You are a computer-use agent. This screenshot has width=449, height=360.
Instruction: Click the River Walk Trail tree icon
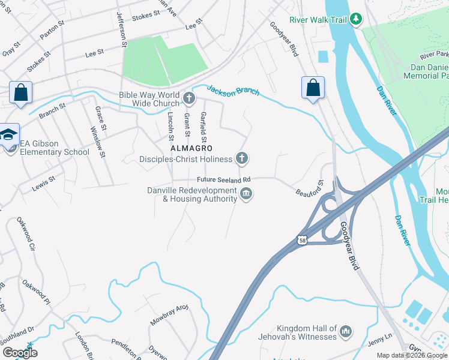click(x=357, y=20)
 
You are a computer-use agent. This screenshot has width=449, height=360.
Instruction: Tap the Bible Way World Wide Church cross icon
click(x=189, y=98)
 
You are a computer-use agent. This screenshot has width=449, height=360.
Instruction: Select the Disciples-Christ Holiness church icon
click(x=241, y=158)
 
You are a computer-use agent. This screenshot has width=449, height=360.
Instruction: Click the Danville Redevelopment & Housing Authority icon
click(x=246, y=194)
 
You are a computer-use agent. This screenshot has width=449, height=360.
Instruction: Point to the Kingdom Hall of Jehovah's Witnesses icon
click(x=345, y=331)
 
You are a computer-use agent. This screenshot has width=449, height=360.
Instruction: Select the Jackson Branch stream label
click(x=233, y=91)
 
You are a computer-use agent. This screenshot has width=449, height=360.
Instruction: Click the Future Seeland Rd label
click(x=223, y=180)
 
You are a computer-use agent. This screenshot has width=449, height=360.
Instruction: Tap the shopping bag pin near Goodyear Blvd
click(x=313, y=88)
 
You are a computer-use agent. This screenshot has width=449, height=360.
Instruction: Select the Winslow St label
click(x=97, y=142)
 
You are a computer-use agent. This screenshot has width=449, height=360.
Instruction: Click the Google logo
click(x=20, y=353)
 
